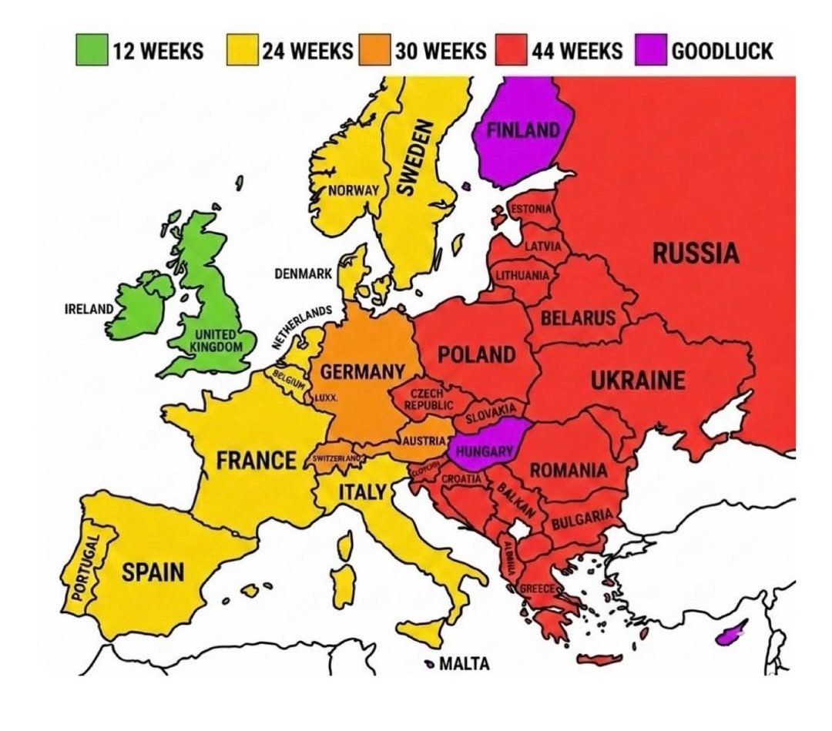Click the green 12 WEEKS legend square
(x=91, y=52)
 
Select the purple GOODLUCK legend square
(x=652, y=52)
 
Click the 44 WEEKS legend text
(x=575, y=52)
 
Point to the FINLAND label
(x=523, y=130)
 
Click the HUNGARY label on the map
(x=484, y=452)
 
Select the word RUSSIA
(x=696, y=253)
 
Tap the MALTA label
(x=464, y=664)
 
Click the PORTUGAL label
(x=79, y=565)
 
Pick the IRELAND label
(x=89, y=309)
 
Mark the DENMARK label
(x=303, y=273)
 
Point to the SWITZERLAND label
(x=337, y=458)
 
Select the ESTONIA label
(x=531, y=209)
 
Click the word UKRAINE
(x=637, y=381)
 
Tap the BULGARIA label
(x=582, y=518)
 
